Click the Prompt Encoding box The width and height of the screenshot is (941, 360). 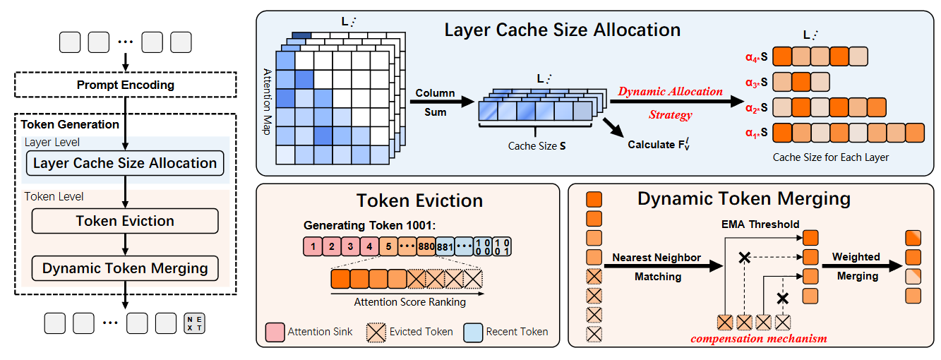pyautogui.click(x=126, y=85)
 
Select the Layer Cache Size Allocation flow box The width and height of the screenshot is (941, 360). pyautogui.click(x=125, y=163)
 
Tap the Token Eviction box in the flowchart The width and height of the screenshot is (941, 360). pyautogui.click(x=125, y=221)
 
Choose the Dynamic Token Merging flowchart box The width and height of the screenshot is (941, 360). pyautogui.click(x=125, y=268)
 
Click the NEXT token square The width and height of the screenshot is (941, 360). pyautogui.click(x=194, y=323)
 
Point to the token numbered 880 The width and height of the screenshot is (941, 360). pyautogui.click(x=426, y=247)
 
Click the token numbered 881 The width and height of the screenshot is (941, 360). pyautogui.click(x=445, y=247)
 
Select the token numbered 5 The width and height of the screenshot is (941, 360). pyautogui.click(x=388, y=247)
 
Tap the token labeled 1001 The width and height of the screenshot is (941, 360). pyautogui.click(x=502, y=247)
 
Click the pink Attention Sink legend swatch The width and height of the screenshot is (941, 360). pyautogui.click(x=275, y=331)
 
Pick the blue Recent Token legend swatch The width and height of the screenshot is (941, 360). pyautogui.click(x=473, y=331)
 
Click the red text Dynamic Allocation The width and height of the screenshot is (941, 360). pyautogui.click(x=670, y=92)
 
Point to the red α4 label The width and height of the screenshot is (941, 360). pyautogui.click(x=759, y=57)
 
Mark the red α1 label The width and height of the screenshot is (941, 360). pyautogui.click(x=759, y=132)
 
